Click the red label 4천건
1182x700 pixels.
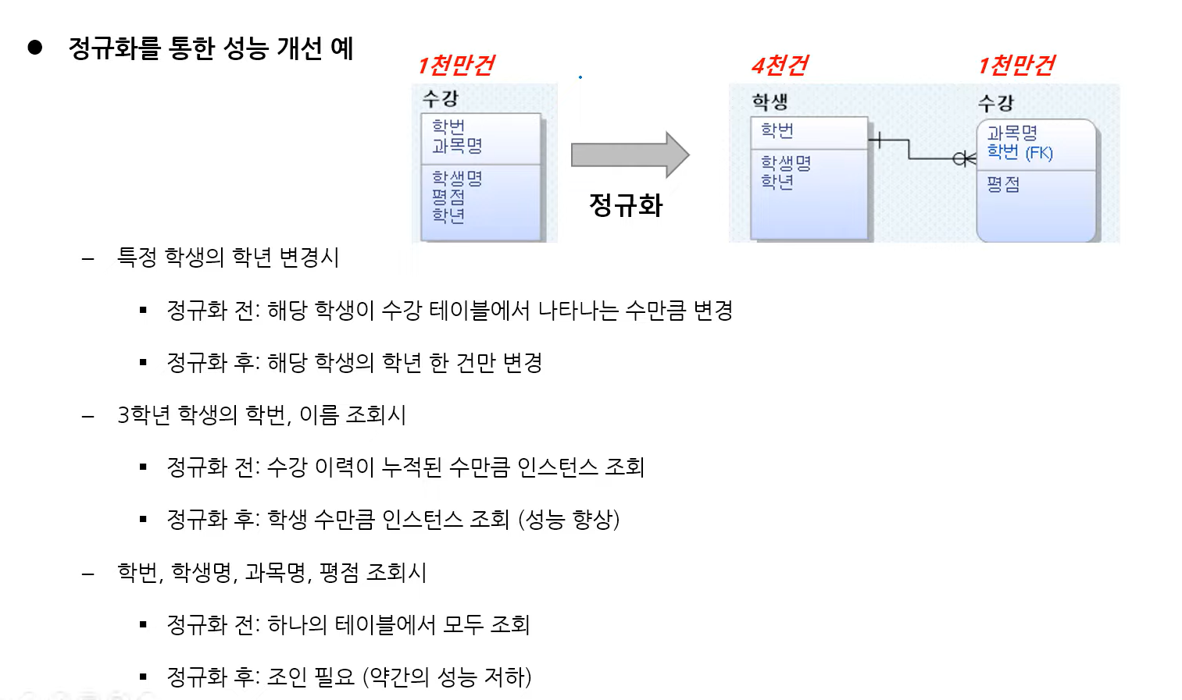(780, 66)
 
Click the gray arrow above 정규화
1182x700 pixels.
(629, 155)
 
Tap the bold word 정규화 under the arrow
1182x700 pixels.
(626, 205)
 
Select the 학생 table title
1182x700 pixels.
(770, 101)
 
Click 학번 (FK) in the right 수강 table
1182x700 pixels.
(1020, 152)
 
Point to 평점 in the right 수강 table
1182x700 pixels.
(1003, 184)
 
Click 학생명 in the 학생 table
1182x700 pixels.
(786, 163)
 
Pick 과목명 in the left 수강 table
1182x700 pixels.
(457, 146)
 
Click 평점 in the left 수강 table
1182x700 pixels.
(448, 197)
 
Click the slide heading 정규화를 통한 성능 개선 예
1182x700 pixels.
(211, 48)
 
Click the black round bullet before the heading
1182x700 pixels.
(35, 48)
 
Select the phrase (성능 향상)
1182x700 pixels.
(569, 520)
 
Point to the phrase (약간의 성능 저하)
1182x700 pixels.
(447, 677)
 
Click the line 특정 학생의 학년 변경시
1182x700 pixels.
(228, 258)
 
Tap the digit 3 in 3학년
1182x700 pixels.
(123, 415)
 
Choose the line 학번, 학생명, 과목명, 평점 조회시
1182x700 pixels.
(272, 573)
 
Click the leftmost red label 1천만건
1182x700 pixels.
(456, 66)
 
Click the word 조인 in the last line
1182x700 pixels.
(287, 677)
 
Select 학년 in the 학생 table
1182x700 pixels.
(777, 182)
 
